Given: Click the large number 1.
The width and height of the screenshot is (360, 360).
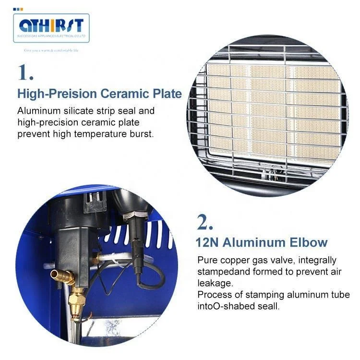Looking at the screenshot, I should [25, 72].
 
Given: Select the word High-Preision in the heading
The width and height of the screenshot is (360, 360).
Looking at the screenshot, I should [51, 93].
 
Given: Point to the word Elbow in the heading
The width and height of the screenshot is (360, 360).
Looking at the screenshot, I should [309, 242].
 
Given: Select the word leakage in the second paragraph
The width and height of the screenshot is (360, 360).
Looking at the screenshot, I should [215, 283].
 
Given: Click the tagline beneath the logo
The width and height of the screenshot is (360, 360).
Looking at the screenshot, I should [51, 50].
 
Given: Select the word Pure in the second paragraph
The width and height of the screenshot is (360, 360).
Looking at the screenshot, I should [206, 260].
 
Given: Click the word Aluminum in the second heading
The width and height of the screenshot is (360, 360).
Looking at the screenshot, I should [256, 242].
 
